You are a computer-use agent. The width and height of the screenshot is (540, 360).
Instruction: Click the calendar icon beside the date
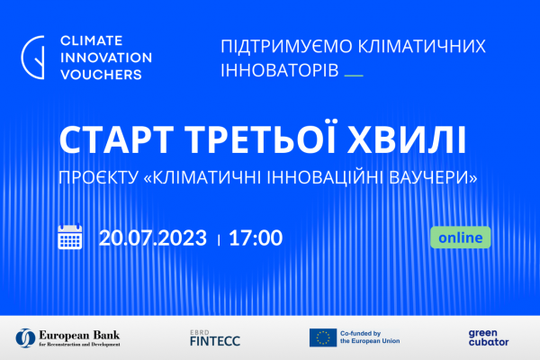[70, 237]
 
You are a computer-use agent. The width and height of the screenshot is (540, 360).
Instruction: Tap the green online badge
[461, 238]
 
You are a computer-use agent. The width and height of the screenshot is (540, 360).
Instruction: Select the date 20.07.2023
[153, 238]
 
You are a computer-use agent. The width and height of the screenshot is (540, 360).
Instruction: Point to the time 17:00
[256, 238]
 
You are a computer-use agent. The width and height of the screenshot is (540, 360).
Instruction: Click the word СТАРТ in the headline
[116, 139]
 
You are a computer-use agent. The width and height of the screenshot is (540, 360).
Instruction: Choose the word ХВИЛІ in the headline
[407, 139]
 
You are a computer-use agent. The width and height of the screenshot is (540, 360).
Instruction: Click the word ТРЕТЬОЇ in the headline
[261, 138]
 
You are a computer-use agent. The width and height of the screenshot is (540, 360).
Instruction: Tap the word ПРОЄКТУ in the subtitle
[98, 178]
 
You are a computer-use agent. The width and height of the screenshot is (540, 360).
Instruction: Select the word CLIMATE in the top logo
[91, 40]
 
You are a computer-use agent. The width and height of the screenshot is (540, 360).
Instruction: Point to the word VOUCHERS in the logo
[101, 75]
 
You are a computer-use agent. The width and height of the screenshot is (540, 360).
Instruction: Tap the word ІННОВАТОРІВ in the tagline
[280, 70]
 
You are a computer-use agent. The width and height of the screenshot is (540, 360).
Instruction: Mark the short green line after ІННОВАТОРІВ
[354, 76]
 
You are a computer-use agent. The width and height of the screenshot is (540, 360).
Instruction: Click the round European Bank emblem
[25, 338]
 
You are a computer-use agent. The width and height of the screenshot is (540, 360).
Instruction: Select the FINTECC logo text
[215, 341]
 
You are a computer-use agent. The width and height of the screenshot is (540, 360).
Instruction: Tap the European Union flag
[323, 337]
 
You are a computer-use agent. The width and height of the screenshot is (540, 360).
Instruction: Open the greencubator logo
[489, 337]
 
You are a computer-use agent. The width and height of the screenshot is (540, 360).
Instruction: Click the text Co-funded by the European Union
[370, 337]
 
